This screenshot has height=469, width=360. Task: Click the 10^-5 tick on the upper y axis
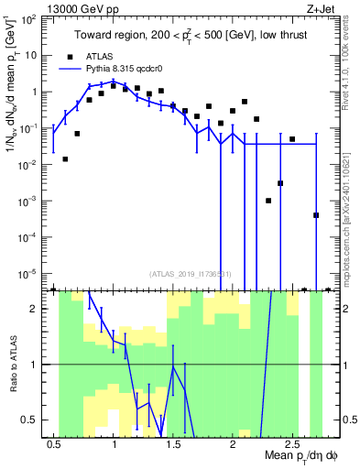point(29,272)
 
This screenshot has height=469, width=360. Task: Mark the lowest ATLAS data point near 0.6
point(65,159)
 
